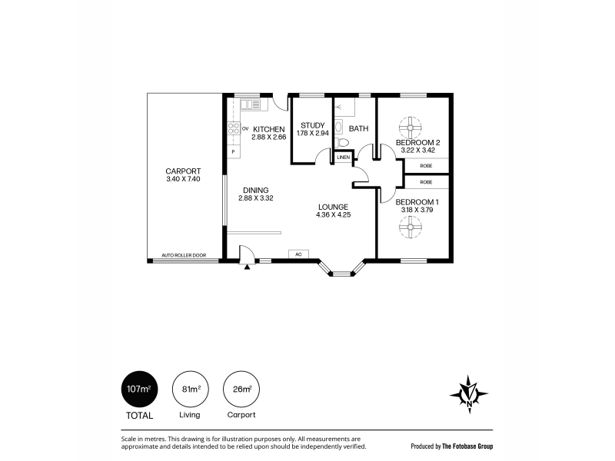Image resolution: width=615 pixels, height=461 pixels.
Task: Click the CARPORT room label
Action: (x=183, y=171)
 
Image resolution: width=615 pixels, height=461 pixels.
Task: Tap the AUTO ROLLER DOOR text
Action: (x=184, y=255)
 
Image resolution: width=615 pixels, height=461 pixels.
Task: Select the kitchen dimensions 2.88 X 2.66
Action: (x=269, y=138)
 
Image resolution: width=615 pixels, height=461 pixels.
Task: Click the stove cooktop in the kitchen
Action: (x=234, y=128)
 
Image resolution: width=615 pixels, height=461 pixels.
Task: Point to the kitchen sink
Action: (x=251, y=104)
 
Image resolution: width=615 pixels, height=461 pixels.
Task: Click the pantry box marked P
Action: (x=234, y=151)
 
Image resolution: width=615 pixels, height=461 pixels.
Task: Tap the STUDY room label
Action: (x=313, y=125)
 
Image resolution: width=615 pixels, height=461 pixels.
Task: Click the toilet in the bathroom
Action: (x=343, y=142)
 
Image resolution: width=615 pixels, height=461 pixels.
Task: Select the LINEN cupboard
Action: (x=344, y=158)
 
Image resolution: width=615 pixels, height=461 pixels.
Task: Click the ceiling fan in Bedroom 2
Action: (x=411, y=128)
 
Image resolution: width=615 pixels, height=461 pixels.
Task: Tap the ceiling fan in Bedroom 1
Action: (x=411, y=227)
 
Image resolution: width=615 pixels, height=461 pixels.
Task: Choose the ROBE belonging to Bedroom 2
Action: (x=427, y=166)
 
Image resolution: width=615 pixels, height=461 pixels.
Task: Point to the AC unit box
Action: (x=298, y=254)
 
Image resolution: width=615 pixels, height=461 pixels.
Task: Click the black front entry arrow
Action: (x=247, y=267)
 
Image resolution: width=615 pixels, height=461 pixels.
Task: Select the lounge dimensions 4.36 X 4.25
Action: (x=334, y=215)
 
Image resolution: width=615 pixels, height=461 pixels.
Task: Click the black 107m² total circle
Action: (x=139, y=390)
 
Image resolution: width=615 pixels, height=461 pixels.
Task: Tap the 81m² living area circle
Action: (x=191, y=390)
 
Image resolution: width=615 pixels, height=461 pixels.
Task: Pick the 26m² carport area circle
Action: (x=241, y=390)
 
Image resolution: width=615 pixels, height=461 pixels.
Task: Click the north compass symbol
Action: (x=469, y=394)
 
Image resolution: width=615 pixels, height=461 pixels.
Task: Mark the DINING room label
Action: (x=256, y=191)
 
